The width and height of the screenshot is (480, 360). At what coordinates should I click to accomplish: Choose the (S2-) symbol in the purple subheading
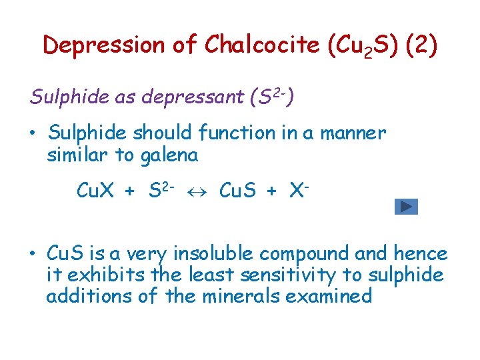[x=271, y=97]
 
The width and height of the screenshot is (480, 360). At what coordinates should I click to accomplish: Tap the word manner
[x=353, y=133]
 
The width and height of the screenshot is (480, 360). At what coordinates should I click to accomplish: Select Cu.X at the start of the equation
[x=99, y=191]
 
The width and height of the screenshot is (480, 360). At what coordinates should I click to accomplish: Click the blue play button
[x=406, y=207]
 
